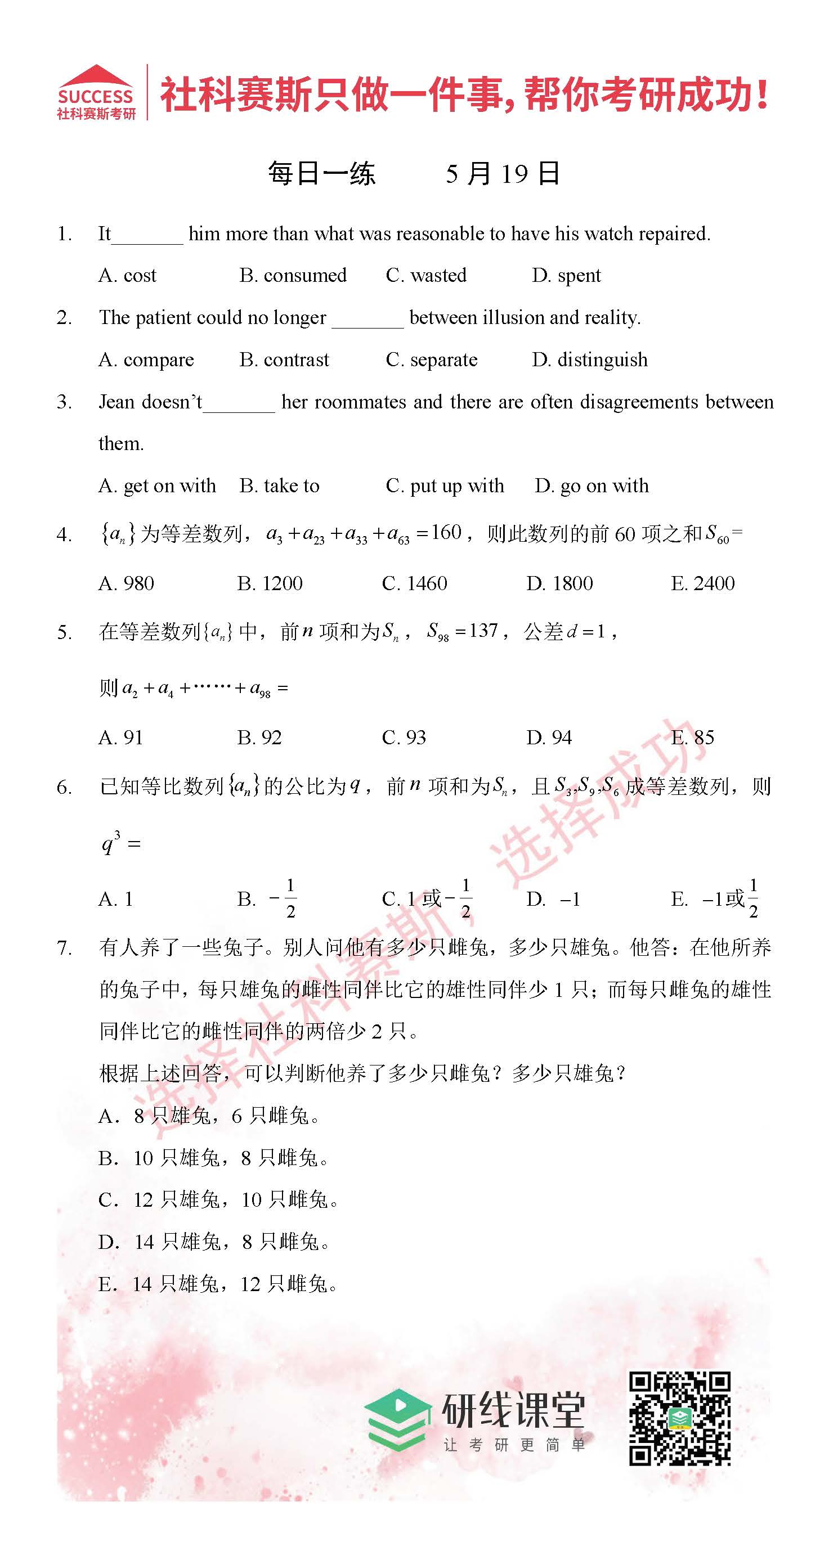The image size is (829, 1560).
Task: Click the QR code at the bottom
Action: coord(679,1418)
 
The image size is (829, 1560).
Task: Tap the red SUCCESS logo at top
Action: coord(96,92)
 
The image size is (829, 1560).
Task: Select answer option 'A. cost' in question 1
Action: coord(127,276)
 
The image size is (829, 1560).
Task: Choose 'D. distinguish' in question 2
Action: coord(590,359)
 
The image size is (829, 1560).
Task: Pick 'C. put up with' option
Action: coord(445,485)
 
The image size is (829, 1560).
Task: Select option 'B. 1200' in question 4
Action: coord(270,583)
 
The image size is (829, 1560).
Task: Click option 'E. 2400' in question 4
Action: coord(702,583)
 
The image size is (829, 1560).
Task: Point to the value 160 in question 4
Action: coord(447,532)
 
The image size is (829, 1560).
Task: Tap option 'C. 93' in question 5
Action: coord(404,738)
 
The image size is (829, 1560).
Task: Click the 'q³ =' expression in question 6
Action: coord(120,842)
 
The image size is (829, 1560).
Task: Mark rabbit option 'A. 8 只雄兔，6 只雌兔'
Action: coord(209,1116)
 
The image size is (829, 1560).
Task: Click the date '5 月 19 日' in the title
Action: coord(503,174)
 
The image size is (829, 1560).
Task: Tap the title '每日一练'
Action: coord(322,174)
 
